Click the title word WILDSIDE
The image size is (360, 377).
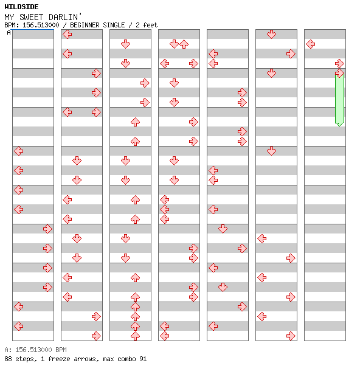tap(21, 7)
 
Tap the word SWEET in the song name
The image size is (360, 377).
tap(31, 17)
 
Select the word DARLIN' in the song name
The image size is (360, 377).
tap(64, 17)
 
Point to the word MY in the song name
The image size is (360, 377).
tap(9, 17)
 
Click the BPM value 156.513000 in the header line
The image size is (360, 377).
tap(41, 25)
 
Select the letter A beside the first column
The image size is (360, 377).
tap(9, 32)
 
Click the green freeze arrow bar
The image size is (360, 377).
tap(339, 99)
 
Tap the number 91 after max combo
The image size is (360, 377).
tap(143, 359)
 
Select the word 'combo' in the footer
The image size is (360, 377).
tap(126, 359)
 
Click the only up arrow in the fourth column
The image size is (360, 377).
tap(184, 44)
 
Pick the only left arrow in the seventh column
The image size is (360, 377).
tap(311, 44)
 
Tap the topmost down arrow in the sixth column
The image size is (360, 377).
tap(271, 35)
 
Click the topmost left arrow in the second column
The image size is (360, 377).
tap(67, 35)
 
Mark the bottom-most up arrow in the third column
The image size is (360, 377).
tap(136, 336)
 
